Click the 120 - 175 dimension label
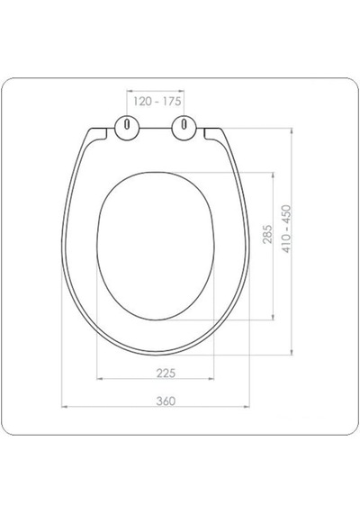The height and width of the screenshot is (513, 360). [x=157, y=101]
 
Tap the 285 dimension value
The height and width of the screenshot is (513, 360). [x=267, y=234]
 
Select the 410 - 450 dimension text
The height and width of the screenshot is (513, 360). [x=286, y=229]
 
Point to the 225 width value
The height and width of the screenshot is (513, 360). [x=166, y=373]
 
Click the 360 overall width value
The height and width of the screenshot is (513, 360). [x=166, y=400]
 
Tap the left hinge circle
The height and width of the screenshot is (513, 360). [x=127, y=128]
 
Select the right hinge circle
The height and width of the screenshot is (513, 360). [x=184, y=128]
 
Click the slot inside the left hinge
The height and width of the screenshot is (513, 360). [x=127, y=125]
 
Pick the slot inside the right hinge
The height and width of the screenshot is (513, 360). [x=184, y=125]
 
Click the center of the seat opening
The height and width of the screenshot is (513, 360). [x=156, y=246]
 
